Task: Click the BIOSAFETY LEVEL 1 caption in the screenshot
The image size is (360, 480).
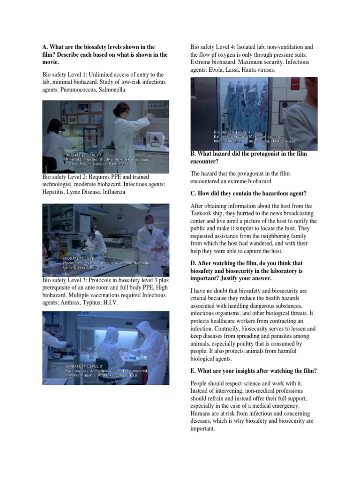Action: (84, 154)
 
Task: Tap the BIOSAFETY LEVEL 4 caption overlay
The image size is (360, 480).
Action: (232, 132)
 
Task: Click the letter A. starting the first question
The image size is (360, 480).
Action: (45, 47)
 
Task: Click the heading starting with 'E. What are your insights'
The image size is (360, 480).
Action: (254, 371)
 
